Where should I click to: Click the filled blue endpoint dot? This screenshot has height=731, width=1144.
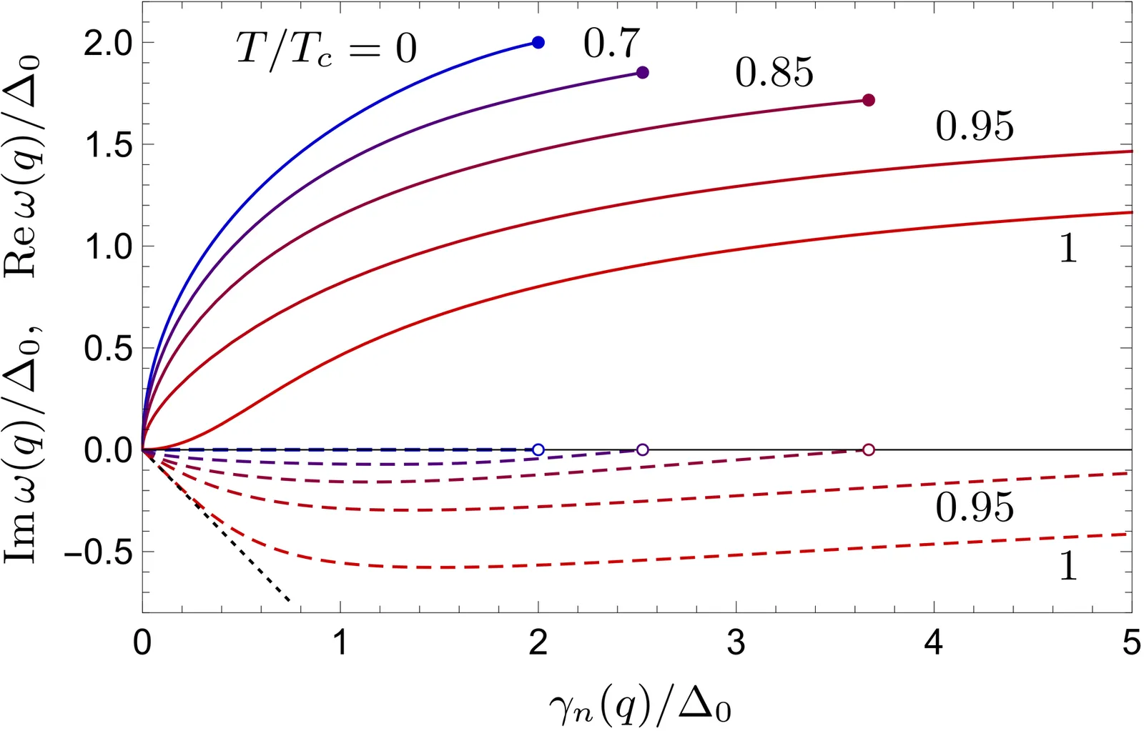pos(538,43)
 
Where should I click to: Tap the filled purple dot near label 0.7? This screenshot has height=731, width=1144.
pos(642,73)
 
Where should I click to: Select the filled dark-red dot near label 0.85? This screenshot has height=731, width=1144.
pos(868,100)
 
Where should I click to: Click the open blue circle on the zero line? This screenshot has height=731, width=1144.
pos(538,449)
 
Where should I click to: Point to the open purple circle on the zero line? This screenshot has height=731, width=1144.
pos(642,449)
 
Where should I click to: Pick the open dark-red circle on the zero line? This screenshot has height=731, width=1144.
pos(868,449)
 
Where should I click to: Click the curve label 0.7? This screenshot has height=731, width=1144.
pos(611,44)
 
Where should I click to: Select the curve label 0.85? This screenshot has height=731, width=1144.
pos(774,73)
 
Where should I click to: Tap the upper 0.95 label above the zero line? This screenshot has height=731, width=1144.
pos(975,126)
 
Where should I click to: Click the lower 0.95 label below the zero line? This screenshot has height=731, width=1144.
pos(975,507)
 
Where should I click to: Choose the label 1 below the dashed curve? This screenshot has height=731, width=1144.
pos(1067,567)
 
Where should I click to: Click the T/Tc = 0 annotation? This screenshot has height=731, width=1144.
pos(326,49)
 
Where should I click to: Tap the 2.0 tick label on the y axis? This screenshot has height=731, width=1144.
pos(108,44)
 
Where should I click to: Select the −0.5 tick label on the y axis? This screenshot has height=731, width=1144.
pos(98,552)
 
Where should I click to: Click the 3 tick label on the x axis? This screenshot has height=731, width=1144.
pos(736,643)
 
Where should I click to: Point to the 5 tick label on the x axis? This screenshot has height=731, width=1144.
pos(1130,643)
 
